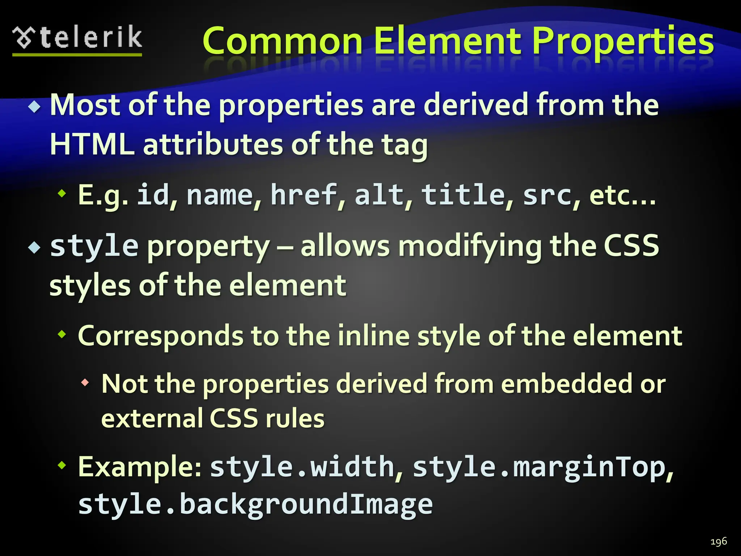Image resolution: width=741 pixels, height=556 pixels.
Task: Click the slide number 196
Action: [x=719, y=542]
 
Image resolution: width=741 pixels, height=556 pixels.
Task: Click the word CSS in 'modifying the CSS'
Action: [x=632, y=245]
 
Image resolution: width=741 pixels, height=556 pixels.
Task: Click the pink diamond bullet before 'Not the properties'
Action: [x=85, y=382]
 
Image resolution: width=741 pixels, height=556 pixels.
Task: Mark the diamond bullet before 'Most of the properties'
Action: [x=35, y=106]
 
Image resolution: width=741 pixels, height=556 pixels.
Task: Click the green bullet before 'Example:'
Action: [x=62, y=465]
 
